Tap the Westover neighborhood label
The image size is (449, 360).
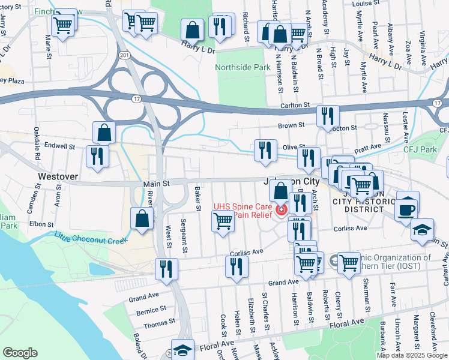tap(58, 177)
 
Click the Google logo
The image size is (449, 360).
tap(20, 353)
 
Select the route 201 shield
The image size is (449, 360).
tap(124, 55)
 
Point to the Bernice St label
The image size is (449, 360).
tap(151, 310)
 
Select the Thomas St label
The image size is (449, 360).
tap(159, 322)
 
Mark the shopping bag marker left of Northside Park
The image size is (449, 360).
tap(192, 29)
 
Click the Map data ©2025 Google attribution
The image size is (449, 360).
tap(412, 355)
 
